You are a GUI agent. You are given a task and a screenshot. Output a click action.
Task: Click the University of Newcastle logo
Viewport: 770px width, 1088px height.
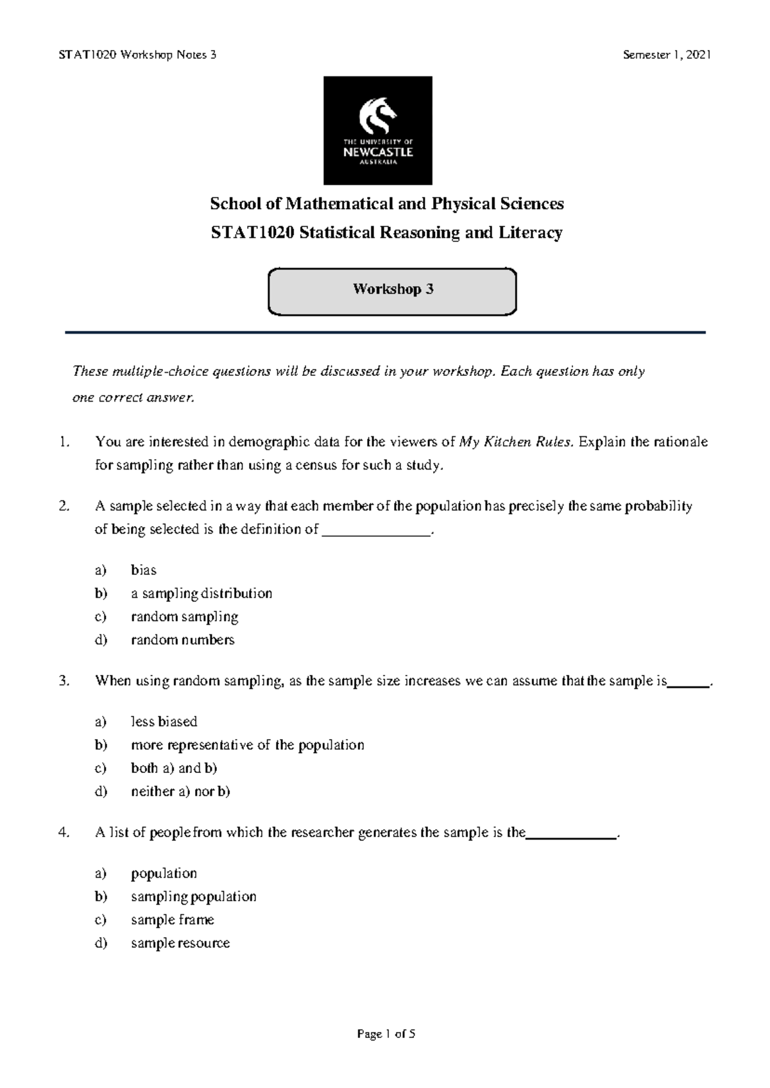coord(377,130)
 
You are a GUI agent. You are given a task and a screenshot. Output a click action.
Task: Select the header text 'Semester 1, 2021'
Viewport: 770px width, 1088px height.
coord(667,55)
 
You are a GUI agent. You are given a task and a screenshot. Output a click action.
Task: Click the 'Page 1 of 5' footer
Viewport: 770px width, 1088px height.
coord(386,1034)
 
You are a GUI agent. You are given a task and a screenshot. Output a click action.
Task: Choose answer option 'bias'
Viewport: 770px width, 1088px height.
coord(144,570)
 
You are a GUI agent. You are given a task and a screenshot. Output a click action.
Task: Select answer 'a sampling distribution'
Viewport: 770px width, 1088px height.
coord(201,593)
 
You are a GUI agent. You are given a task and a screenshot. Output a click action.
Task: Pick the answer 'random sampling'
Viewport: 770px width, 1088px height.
coord(184,616)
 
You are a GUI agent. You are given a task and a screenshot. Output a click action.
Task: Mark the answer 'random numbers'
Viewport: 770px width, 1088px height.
coord(182,640)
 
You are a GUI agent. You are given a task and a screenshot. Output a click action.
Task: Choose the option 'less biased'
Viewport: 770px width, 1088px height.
coord(164,722)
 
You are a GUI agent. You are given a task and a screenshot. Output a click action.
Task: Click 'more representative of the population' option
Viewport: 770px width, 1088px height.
coord(247,745)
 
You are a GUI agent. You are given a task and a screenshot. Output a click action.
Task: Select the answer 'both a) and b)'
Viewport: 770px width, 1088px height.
coord(174,768)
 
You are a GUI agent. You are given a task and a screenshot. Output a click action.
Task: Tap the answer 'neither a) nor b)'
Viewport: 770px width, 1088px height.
coord(180,791)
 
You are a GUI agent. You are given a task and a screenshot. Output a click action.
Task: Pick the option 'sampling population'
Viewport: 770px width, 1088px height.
coord(193,896)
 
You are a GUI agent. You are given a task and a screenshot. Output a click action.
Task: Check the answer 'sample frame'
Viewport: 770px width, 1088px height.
coord(172,919)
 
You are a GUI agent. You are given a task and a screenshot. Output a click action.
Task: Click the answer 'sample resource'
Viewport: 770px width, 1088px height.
coord(180,942)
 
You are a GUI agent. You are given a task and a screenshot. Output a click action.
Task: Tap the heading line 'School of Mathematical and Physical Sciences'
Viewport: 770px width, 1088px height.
coord(387,204)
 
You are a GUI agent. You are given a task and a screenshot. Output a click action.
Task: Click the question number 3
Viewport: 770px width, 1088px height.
coord(63,681)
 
